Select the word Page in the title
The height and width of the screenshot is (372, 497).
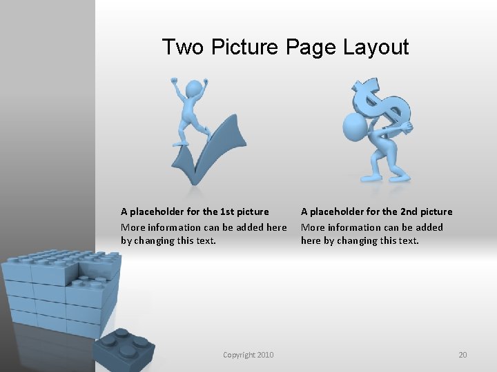(x=310, y=48)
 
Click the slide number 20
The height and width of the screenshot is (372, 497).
(x=462, y=355)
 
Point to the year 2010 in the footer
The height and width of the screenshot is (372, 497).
(x=265, y=355)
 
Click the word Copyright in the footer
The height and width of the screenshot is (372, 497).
(x=239, y=355)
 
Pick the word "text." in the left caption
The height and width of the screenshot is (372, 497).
(x=204, y=240)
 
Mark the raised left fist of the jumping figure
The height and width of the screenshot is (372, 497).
(x=175, y=81)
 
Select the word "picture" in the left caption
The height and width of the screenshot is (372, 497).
(x=253, y=211)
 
